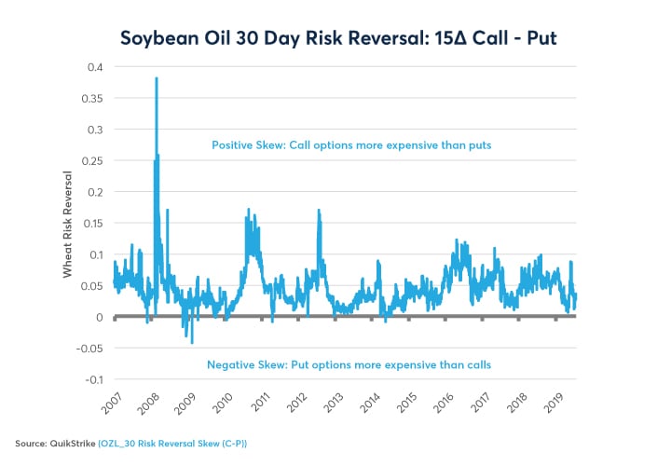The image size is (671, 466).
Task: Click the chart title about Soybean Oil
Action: click(335, 38)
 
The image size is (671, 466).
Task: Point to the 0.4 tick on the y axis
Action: click(94, 67)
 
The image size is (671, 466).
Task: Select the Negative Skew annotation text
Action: click(349, 364)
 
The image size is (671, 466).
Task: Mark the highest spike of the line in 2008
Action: click(157, 78)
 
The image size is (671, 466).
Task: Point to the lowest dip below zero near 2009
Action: click(192, 343)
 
